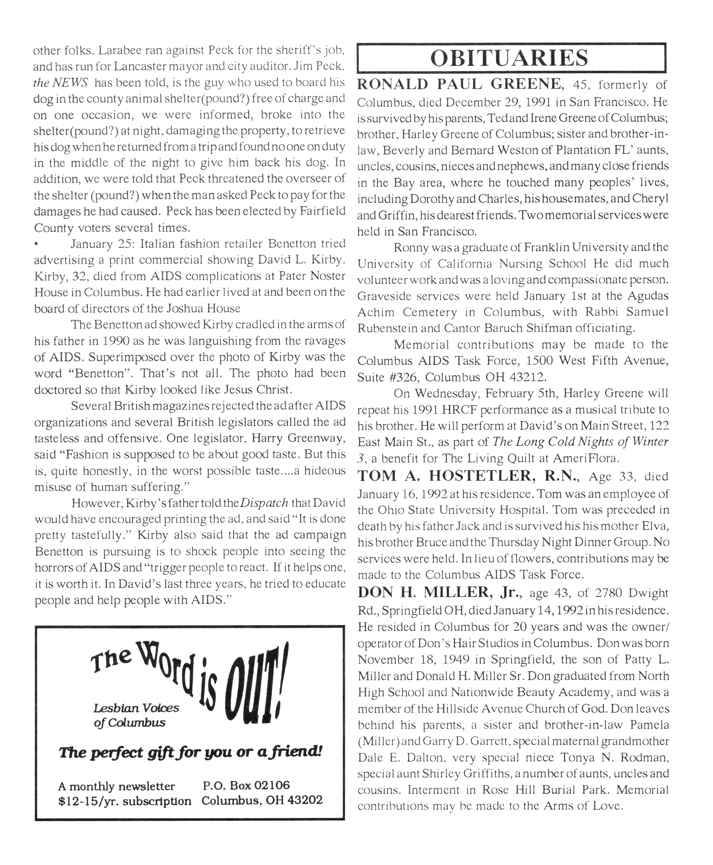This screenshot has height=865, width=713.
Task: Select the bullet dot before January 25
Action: [37, 245]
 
